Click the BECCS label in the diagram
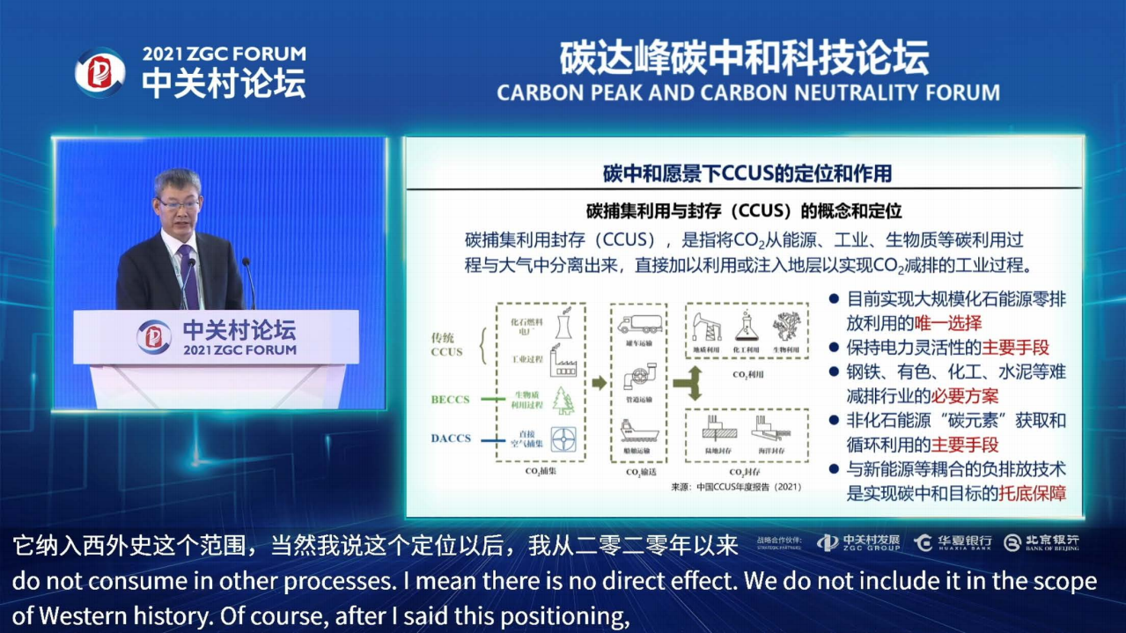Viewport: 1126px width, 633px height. click(451, 399)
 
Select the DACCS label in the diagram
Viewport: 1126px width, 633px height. click(451, 438)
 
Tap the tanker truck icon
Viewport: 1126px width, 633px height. click(641, 323)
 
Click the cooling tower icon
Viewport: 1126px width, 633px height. click(560, 325)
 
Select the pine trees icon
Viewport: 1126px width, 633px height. click(561, 401)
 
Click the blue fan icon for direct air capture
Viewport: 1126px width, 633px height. click(562, 438)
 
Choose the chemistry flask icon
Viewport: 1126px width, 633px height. click(747, 325)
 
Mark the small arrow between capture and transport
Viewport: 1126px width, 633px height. click(599, 382)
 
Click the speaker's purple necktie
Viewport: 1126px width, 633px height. click(188, 275)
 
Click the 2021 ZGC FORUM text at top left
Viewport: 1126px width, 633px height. click(224, 54)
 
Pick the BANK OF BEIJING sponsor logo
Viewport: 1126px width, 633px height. click(1041, 543)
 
